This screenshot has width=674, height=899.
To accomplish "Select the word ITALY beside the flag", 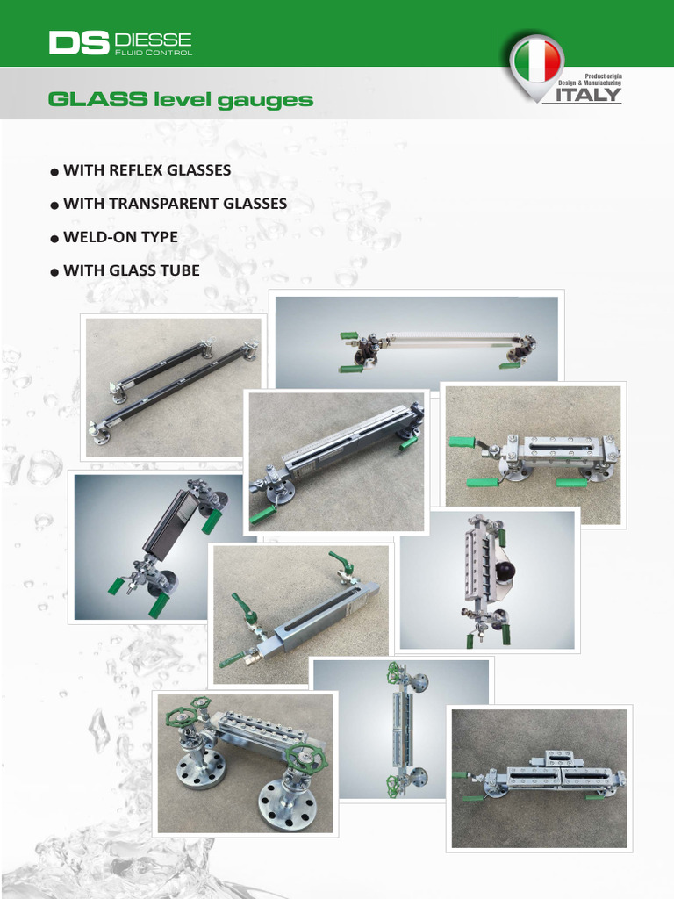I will tap(588, 95).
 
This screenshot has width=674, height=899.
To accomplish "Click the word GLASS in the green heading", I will tap(97, 99).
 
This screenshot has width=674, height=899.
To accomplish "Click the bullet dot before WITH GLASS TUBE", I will tap(55, 272).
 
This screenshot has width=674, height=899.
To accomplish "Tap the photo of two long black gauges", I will tap(174, 385).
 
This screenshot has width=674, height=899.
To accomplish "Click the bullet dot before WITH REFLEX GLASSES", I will tap(55, 171).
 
